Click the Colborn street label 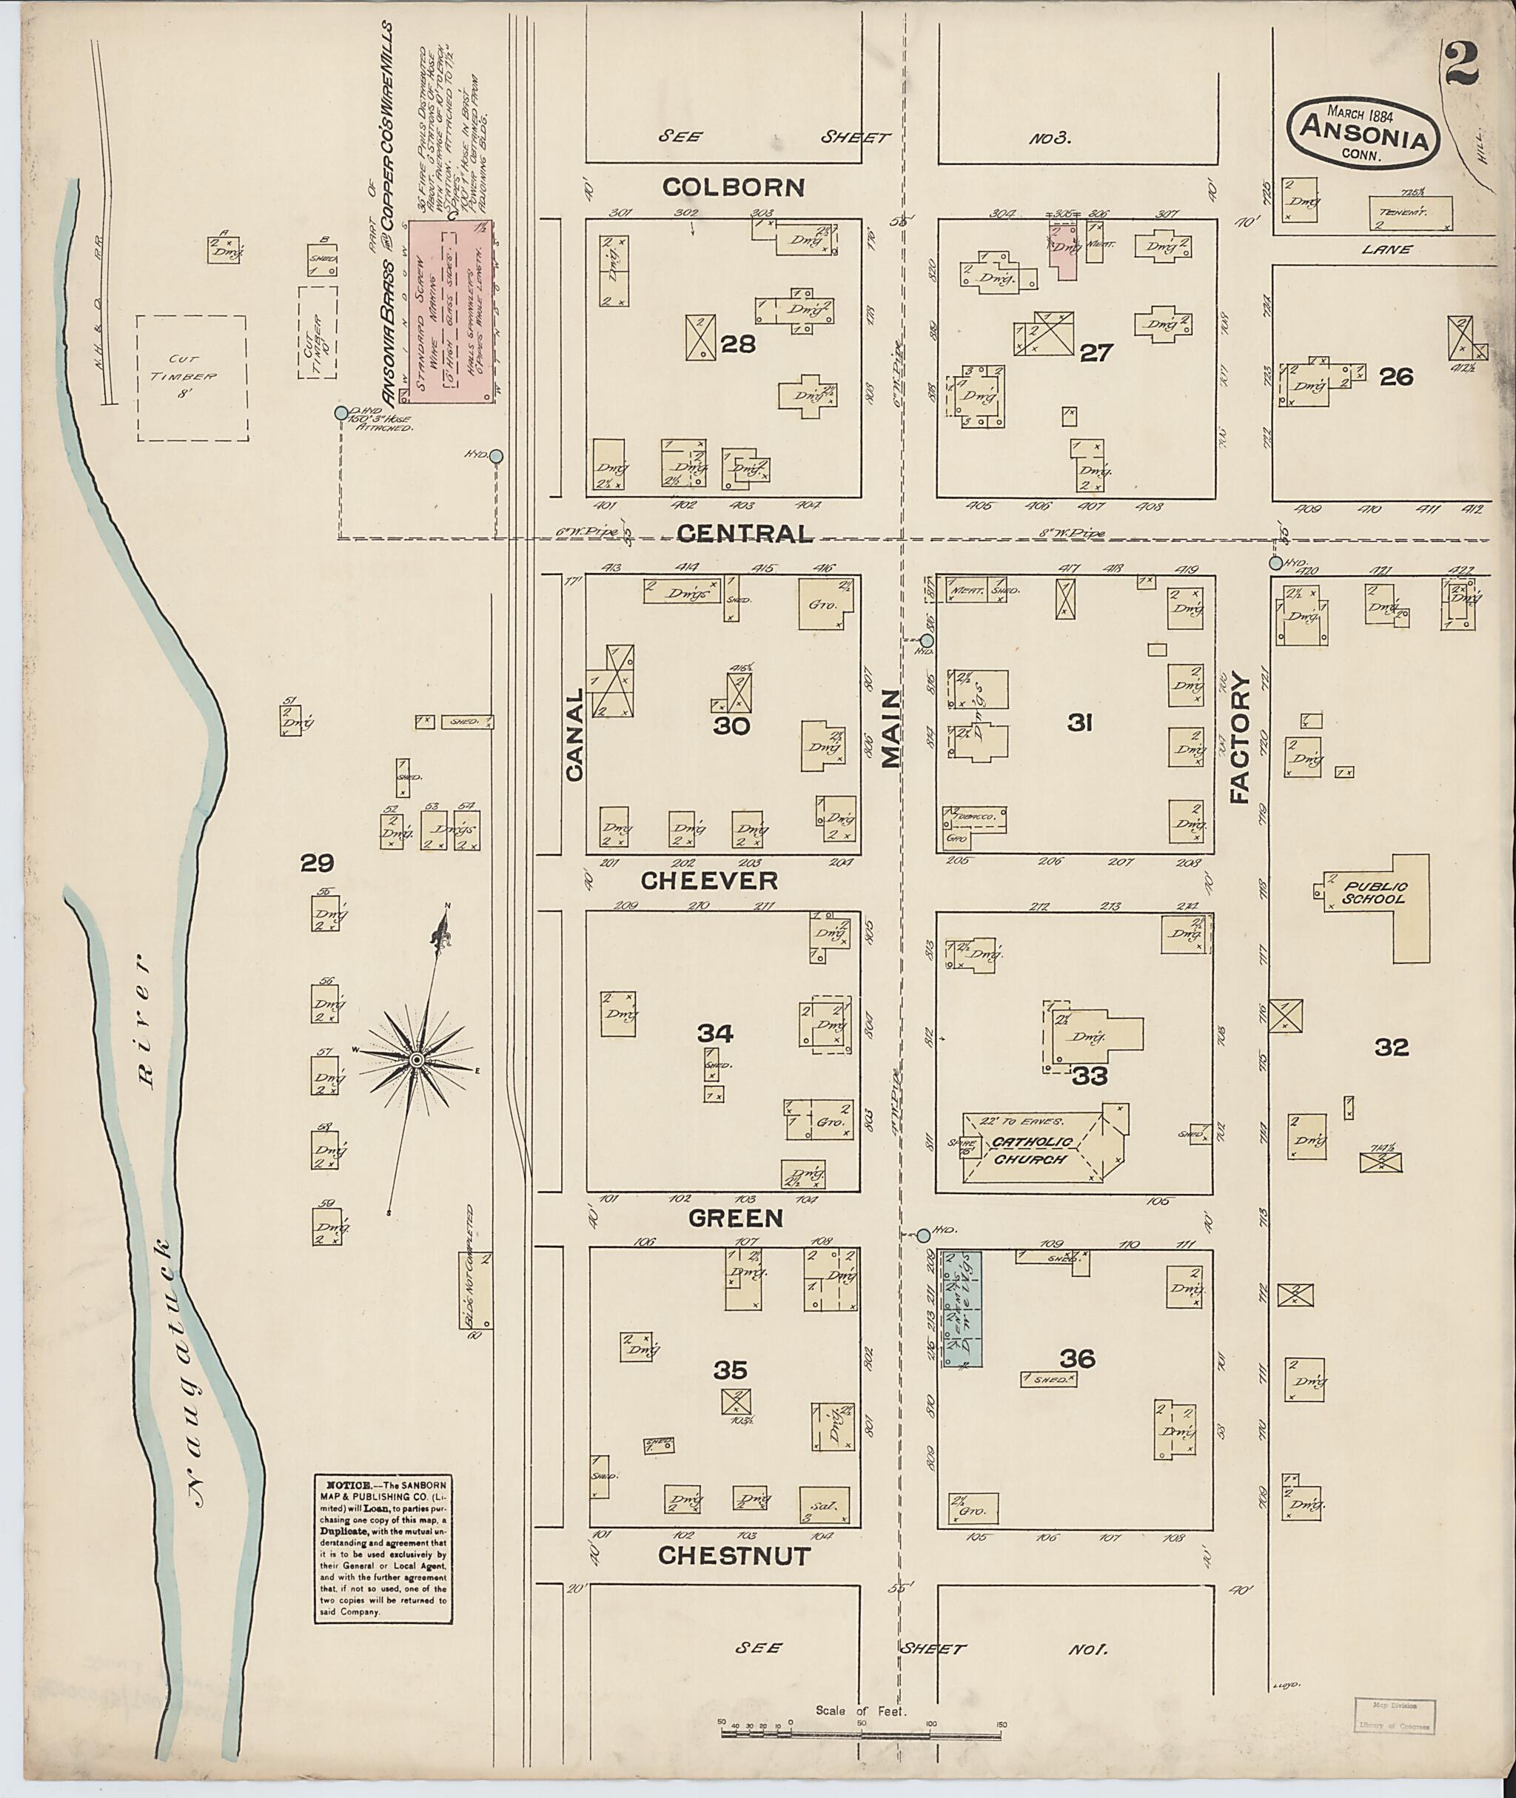click(733, 187)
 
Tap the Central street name click(744, 534)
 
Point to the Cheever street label click(709, 880)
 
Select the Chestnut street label click(734, 1556)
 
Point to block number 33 click(1090, 1076)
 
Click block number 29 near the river click(316, 863)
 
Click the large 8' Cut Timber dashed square click(192, 378)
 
